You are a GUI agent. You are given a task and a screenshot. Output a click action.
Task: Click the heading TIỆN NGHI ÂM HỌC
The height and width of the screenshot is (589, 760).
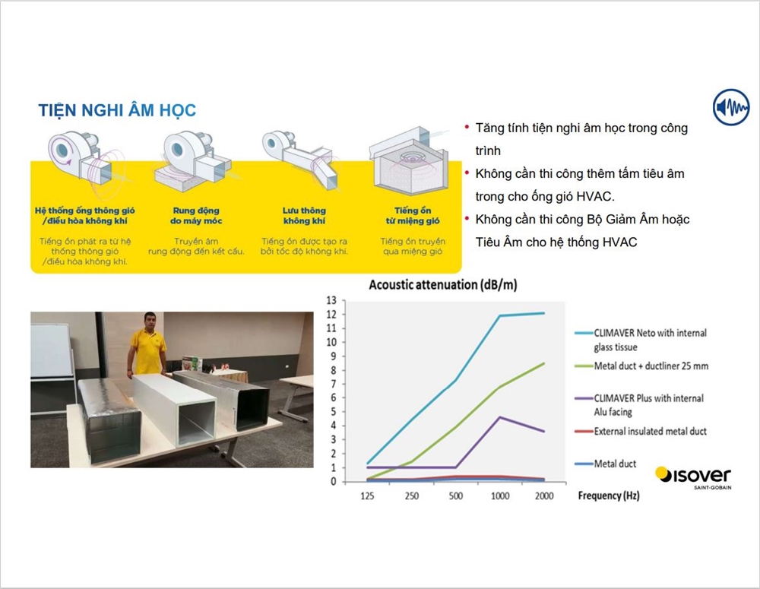(x=117, y=110)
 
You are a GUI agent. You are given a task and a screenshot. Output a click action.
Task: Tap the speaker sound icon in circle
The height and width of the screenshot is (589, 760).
(x=731, y=107)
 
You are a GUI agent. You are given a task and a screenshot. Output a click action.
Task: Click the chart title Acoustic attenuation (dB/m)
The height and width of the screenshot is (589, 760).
(x=443, y=284)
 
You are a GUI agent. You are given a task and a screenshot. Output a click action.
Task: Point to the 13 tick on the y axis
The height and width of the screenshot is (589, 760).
(x=331, y=300)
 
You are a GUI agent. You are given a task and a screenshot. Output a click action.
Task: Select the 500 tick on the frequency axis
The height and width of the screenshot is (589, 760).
(x=455, y=496)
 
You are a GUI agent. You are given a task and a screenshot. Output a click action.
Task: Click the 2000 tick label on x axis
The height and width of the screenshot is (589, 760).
(x=544, y=496)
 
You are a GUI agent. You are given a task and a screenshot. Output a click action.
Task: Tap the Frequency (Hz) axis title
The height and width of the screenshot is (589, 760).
(x=609, y=496)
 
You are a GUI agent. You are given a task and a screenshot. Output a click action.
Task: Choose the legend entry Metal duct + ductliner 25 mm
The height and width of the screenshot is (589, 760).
(x=641, y=366)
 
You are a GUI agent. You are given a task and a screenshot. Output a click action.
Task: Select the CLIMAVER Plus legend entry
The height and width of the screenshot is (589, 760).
(x=639, y=405)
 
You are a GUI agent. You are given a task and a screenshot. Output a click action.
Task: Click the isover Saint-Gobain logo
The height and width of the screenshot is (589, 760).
(x=693, y=477)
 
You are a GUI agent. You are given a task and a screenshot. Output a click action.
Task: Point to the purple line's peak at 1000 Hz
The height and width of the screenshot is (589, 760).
(x=500, y=417)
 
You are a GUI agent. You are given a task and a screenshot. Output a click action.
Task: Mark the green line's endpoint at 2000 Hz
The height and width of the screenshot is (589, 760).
(x=544, y=363)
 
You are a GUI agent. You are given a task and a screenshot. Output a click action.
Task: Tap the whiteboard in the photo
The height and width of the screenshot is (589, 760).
(x=52, y=350)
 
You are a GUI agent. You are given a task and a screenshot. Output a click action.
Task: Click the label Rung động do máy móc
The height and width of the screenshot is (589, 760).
(x=196, y=216)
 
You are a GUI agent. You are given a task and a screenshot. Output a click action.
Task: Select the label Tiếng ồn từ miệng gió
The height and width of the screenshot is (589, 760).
(x=413, y=216)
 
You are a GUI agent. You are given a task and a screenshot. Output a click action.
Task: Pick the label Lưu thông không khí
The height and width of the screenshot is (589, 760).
(x=304, y=216)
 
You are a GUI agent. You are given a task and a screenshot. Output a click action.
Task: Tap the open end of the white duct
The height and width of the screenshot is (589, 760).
(x=196, y=423)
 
